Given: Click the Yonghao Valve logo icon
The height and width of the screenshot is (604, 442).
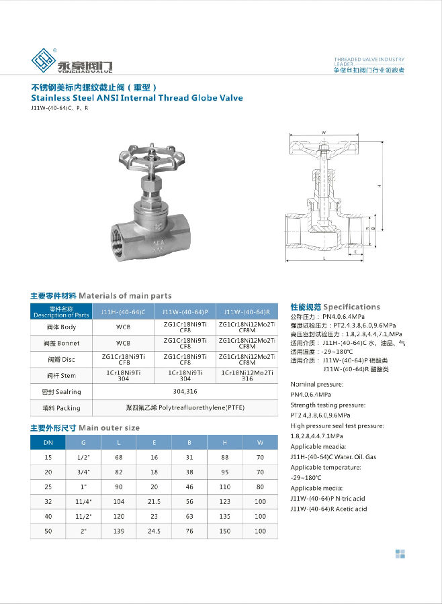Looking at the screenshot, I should point(46,62).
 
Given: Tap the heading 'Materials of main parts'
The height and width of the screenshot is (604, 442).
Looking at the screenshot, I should point(125,295).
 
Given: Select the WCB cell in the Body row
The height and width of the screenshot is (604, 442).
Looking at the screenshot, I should point(123,328).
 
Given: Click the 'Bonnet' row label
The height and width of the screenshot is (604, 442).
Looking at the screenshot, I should point(61,343).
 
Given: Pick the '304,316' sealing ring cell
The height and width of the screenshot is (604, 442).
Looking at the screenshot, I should point(185,391).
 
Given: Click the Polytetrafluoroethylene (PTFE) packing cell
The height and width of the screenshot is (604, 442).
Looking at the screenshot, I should point(185,407).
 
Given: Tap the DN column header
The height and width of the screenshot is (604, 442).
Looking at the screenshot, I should point(48,442).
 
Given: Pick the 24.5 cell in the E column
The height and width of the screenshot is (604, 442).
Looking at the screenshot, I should point(154,530).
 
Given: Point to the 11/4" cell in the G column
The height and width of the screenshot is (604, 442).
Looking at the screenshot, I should point(83,501).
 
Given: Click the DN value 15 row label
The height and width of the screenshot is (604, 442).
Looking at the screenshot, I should point(48,456).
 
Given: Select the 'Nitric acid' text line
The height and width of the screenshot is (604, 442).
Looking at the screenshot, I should point(328,499).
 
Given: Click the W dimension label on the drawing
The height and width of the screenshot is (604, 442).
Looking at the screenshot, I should point(324,133).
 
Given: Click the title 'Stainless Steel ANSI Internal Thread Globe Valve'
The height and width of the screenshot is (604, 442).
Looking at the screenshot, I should point(137,98).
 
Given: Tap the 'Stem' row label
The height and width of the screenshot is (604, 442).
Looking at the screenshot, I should point(61,375).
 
